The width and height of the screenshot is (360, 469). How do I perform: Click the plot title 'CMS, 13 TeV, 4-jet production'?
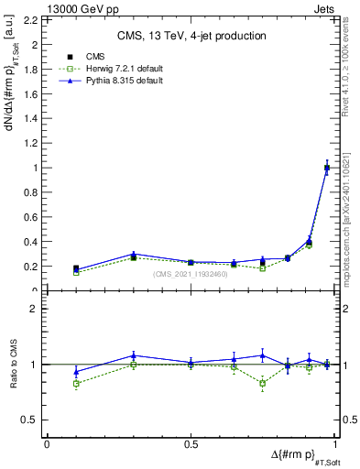[x=191, y=36]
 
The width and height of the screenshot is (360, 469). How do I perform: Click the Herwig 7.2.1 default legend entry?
[x=108, y=69]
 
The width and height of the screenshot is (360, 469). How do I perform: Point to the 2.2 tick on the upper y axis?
[x=32, y=19]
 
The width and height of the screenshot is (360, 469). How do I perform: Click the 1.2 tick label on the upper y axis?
[x=32, y=143]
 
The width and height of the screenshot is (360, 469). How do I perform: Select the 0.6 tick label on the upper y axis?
[x=32, y=217]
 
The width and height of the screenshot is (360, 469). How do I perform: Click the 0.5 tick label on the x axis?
[x=191, y=443]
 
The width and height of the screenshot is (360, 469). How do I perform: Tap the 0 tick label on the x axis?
[x=47, y=443]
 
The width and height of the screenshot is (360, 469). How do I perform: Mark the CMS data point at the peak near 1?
[x=327, y=168]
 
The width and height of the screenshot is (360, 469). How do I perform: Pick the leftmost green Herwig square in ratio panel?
[x=76, y=383]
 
